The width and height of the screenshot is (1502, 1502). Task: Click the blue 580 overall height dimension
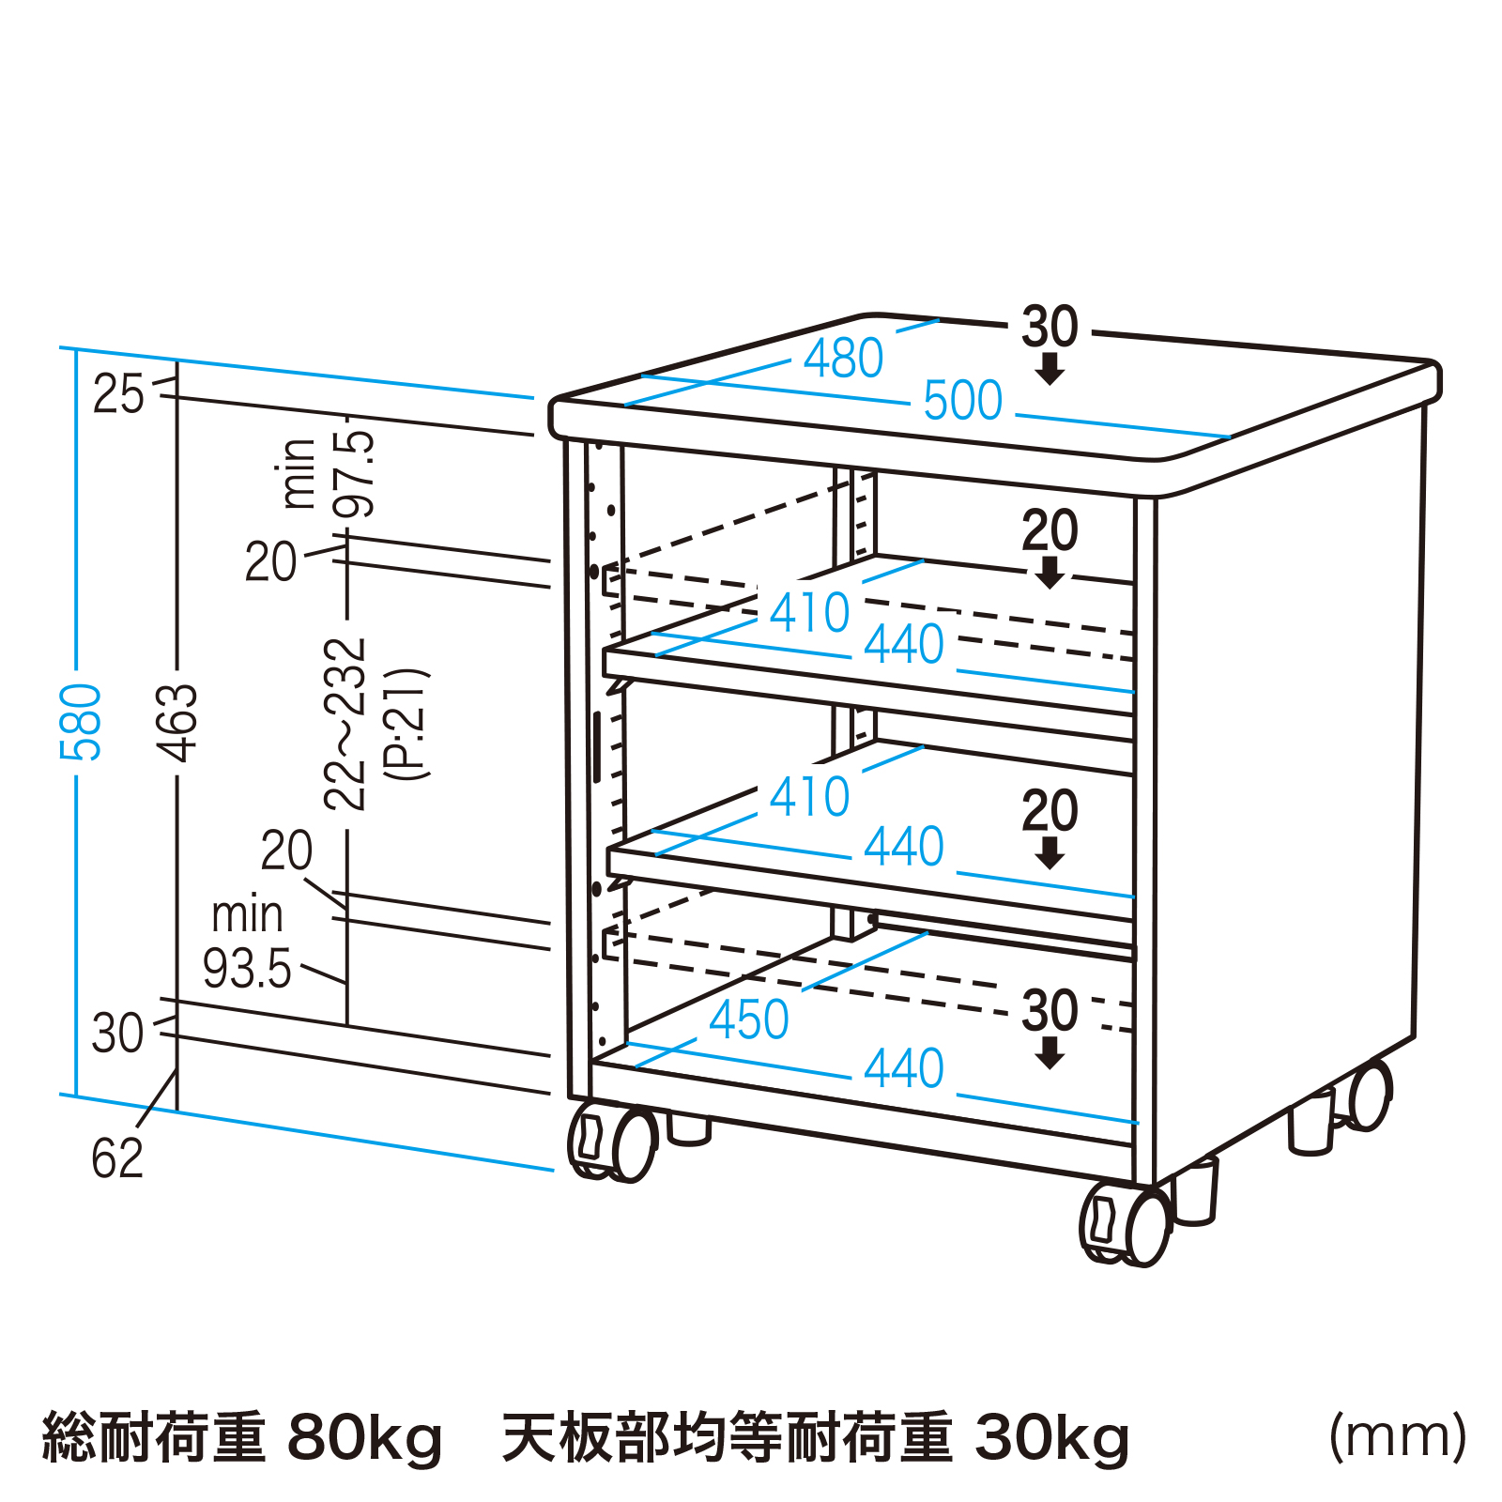click(81, 722)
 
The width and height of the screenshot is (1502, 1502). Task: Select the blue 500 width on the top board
click(962, 401)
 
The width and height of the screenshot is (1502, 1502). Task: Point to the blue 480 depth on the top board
click(843, 359)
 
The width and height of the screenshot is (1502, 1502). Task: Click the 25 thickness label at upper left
click(118, 394)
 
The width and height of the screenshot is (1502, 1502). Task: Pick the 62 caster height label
click(117, 1158)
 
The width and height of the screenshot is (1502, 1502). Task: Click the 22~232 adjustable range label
click(345, 724)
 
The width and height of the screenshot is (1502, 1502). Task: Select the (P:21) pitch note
click(408, 724)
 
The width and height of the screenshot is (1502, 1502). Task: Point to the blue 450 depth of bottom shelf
click(748, 1019)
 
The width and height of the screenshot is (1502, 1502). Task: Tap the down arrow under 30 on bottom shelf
click(1050, 1056)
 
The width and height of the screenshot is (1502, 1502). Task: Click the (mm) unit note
click(1398, 1436)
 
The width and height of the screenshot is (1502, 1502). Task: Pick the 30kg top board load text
click(1052, 1437)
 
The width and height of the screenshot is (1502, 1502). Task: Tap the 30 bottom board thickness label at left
click(117, 1034)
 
